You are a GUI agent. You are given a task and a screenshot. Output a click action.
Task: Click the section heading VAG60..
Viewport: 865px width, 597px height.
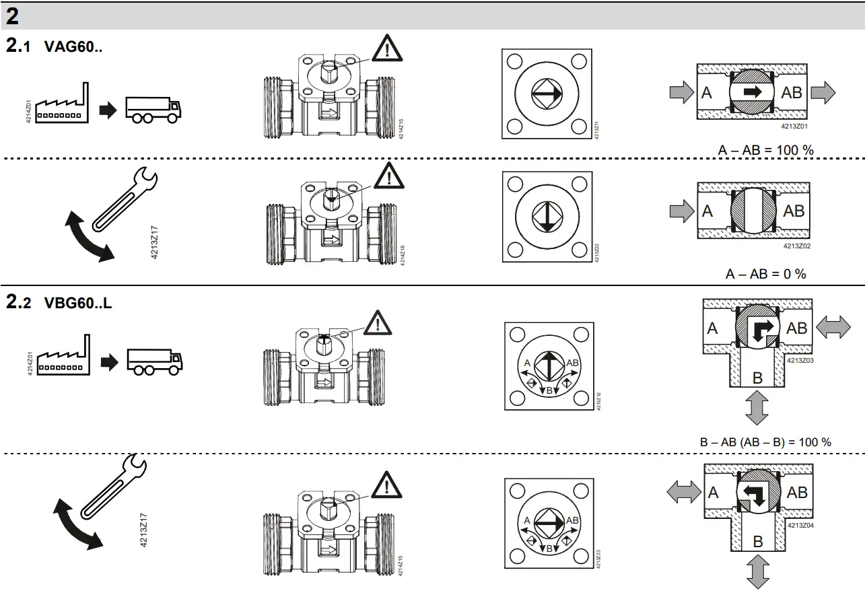(x=73, y=47)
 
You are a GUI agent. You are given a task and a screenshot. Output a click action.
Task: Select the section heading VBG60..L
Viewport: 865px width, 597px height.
(x=77, y=304)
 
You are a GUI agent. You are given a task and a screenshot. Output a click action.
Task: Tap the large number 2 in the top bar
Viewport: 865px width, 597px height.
(x=12, y=15)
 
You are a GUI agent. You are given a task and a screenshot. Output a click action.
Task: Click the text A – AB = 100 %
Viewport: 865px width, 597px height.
(x=765, y=150)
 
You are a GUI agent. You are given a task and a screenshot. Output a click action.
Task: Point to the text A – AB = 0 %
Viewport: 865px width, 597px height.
(x=765, y=274)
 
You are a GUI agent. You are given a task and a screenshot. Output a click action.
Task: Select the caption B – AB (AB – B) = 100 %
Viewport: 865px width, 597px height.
(x=765, y=442)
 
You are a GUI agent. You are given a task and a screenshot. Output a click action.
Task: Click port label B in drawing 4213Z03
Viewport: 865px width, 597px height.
(x=757, y=378)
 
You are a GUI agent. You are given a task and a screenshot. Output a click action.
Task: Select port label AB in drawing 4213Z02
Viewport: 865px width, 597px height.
(x=794, y=211)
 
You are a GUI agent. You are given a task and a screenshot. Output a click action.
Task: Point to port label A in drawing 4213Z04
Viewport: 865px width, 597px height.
(x=714, y=493)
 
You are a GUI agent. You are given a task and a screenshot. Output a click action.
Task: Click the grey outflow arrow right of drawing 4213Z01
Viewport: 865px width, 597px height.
(x=823, y=92)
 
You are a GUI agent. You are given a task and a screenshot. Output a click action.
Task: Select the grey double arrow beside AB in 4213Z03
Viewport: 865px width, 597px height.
(x=833, y=328)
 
